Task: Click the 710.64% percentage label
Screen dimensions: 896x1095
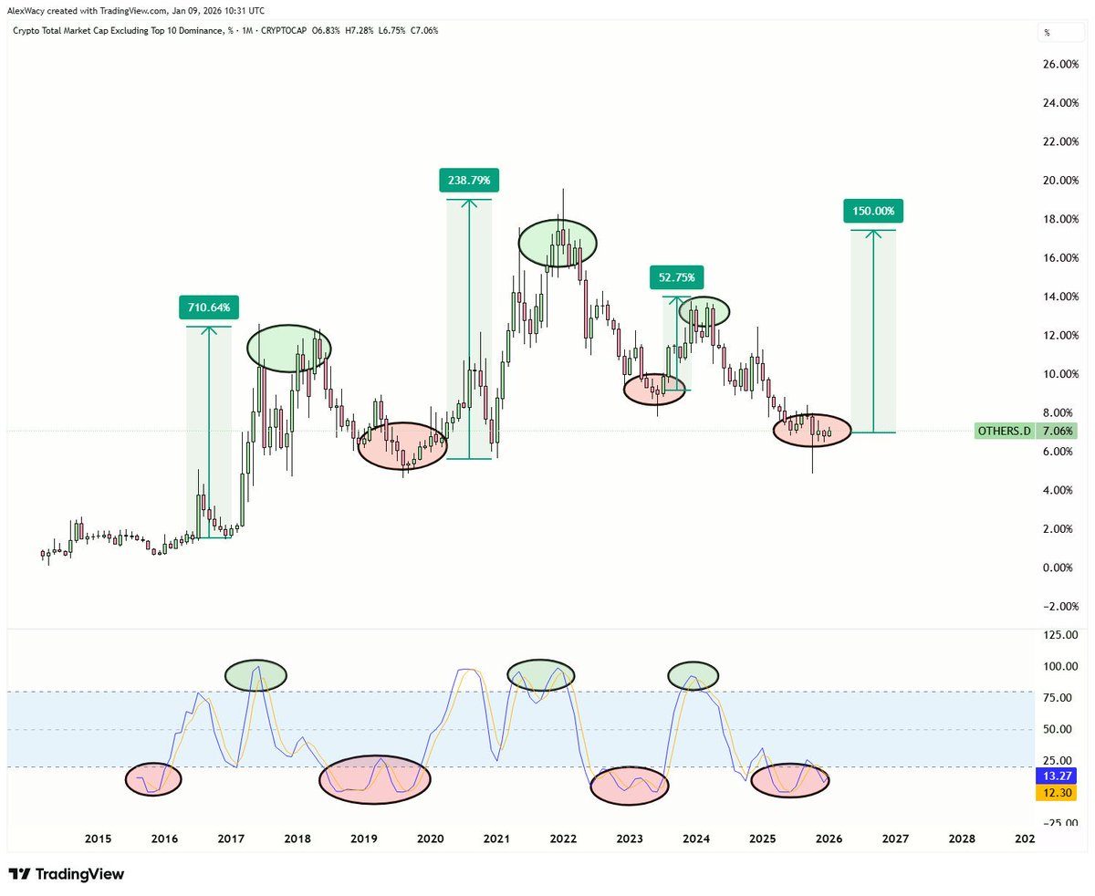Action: pos(209,307)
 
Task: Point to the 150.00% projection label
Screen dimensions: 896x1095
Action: pos(873,212)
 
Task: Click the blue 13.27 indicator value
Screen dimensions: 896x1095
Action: pos(1058,776)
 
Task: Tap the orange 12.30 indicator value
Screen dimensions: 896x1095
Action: pos(1058,794)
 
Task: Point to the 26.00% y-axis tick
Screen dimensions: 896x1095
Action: pos(1060,65)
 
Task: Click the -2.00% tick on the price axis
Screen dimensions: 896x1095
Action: pos(1060,607)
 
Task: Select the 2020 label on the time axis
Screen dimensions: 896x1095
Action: pos(430,839)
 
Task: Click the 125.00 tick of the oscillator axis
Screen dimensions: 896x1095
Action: pos(1058,635)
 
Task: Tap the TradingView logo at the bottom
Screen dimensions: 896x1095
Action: pos(66,874)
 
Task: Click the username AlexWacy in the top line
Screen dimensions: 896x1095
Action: pos(28,10)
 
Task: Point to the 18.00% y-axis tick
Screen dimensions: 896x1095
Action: pos(1060,219)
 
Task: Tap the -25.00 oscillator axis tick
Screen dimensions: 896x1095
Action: pos(1058,822)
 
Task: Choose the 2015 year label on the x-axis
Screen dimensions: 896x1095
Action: pos(98,839)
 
